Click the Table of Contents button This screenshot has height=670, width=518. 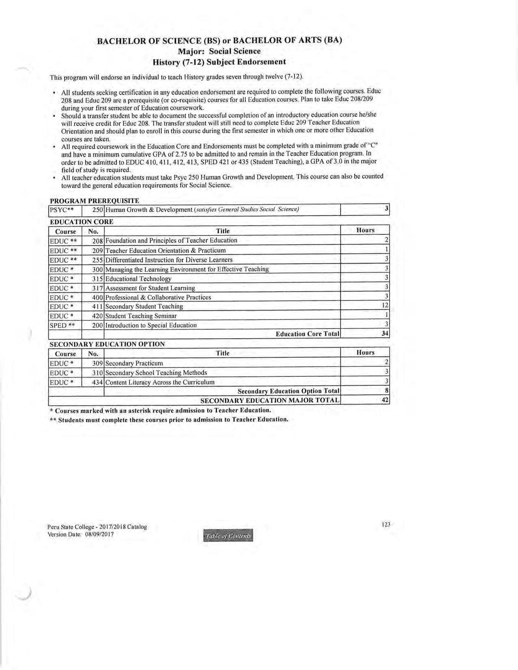click(x=228, y=536)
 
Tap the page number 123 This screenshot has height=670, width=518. click(x=386, y=524)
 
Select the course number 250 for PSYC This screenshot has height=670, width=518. click(x=98, y=210)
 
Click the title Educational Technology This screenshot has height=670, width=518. click(x=138, y=279)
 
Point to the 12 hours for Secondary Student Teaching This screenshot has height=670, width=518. click(x=385, y=306)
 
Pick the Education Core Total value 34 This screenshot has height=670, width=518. click(x=385, y=334)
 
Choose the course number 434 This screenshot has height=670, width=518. click(x=98, y=382)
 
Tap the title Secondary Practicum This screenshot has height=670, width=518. click(x=134, y=363)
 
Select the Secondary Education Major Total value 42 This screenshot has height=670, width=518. click(x=385, y=400)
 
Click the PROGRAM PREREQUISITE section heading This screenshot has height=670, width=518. click(x=95, y=201)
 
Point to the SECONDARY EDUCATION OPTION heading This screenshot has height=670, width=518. click(x=107, y=344)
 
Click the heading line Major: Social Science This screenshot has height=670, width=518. click(x=219, y=51)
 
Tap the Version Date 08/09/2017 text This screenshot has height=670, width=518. click(x=80, y=534)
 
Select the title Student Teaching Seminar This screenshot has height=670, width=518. click(x=141, y=316)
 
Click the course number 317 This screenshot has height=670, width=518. click(x=98, y=288)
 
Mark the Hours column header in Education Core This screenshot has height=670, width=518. click(x=365, y=230)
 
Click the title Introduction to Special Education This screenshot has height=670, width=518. click(x=151, y=325)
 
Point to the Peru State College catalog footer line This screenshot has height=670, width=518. click(x=97, y=527)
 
